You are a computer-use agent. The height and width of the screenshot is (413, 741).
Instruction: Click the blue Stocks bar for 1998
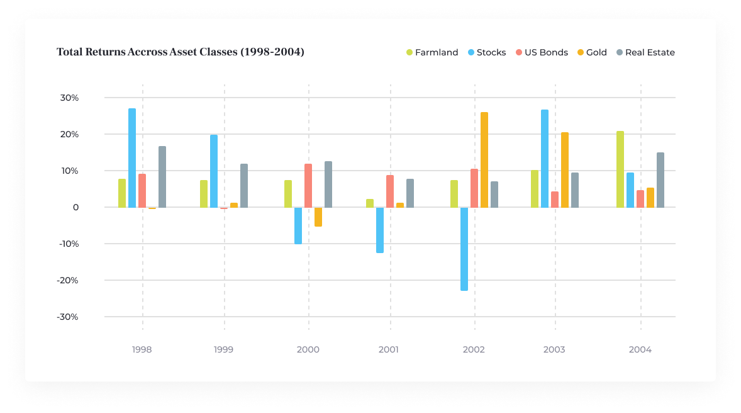[132, 158]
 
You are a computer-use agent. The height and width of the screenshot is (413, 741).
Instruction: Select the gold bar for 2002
[484, 160]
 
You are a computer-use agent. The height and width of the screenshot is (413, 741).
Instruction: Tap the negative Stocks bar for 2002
[464, 249]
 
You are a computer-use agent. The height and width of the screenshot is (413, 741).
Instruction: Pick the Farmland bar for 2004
[620, 169]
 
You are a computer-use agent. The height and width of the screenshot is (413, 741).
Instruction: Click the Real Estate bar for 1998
[162, 177]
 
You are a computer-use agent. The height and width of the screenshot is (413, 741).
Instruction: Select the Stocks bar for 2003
[545, 159]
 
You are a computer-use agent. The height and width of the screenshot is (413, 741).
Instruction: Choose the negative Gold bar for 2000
[318, 217]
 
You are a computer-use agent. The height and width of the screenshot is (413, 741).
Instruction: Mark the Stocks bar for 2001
[380, 230]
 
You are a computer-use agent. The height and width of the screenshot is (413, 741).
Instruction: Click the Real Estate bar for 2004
[660, 180]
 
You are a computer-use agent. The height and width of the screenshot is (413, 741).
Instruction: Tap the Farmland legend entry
[432, 52]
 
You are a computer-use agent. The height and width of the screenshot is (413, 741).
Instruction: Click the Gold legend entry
[592, 52]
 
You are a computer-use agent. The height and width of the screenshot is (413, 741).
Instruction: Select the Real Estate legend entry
[645, 52]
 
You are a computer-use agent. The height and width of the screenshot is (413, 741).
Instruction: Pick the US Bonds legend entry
[542, 52]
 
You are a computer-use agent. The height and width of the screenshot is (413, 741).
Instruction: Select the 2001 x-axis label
[389, 349]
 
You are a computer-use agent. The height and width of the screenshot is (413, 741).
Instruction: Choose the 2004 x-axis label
[640, 349]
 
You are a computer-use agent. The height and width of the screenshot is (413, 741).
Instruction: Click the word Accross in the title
[147, 52]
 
